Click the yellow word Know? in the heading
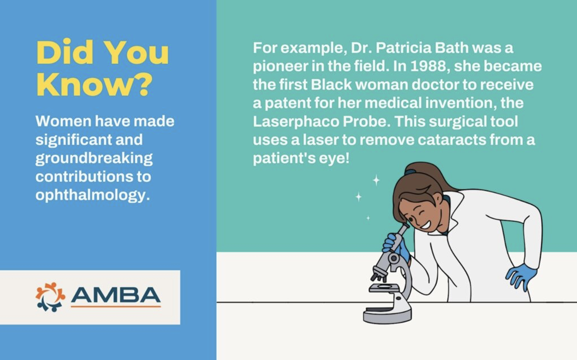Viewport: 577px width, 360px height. pyautogui.click(x=94, y=84)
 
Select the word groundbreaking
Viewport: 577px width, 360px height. pyautogui.click(x=94, y=158)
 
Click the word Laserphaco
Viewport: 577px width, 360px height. pyautogui.click(x=296, y=122)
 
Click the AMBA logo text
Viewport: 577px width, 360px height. pyautogui.click(x=115, y=295)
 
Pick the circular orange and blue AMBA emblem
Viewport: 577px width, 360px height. pyautogui.click(x=50, y=297)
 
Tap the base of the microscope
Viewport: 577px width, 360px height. pyautogui.click(x=387, y=315)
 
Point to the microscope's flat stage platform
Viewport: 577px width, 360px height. pyautogui.click(x=384, y=288)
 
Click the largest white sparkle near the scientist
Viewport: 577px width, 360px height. pyautogui.click(x=376, y=180)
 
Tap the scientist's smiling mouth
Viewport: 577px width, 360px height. pyautogui.click(x=425, y=224)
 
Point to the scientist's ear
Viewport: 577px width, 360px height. pyautogui.click(x=438, y=200)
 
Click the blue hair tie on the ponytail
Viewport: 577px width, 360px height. pyautogui.click(x=410, y=172)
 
